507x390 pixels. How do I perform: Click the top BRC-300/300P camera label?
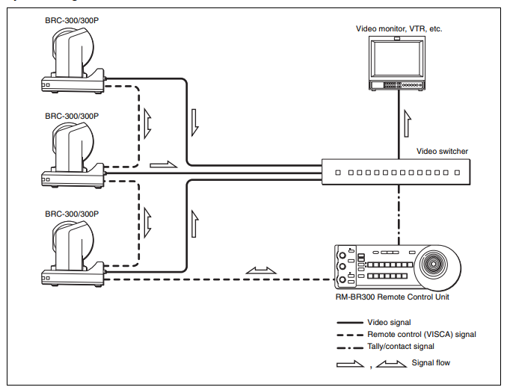pyautogui.click(x=72, y=20)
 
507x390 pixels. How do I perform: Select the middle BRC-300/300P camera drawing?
pyautogui.click(x=73, y=155)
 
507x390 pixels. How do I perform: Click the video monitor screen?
pyautogui.click(x=397, y=60)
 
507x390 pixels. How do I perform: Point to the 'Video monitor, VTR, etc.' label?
pyautogui.click(x=399, y=28)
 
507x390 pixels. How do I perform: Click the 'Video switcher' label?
pyautogui.click(x=442, y=151)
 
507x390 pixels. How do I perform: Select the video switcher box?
pyautogui.click(x=396, y=172)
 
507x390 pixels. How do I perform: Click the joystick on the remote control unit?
pyautogui.click(x=434, y=264)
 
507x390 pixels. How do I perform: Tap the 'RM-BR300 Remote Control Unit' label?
pyautogui.click(x=392, y=297)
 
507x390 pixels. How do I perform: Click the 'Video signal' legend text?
pyautogui.click(x=389, y=322)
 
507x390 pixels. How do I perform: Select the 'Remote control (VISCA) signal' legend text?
pyautogui.click(x=422, y=334)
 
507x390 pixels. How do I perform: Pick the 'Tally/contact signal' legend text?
pyautogui.click(x=401, y=346)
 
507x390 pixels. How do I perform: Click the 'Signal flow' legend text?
pyautogui.click(x=431, y=362)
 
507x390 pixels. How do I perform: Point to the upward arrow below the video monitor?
pyautogui.click(x=408, y=123)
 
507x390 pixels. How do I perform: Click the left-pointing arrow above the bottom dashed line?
pyautogui.click(x=261, y=270)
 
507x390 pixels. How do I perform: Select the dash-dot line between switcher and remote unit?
pyautogui.click(x=399, y=215)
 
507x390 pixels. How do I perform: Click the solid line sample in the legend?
pyautogui.click(x=350, y=323)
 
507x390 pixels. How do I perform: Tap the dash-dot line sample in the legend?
pyautogui.click(x=350, y=348)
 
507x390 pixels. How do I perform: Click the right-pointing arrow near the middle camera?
pyautogui.click(x=164, y=164)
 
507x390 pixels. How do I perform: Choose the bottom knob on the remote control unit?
pyautogui.click(x=342, y=280)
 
